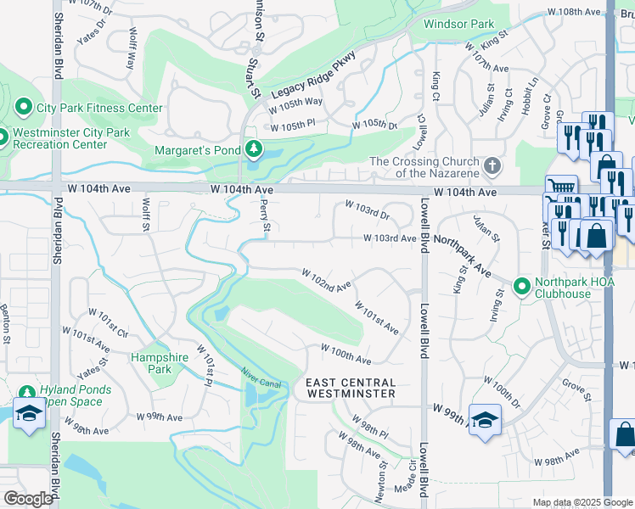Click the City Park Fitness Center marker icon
(23, 108)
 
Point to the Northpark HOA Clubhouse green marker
(522, 285)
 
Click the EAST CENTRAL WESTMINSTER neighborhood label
(351, 389)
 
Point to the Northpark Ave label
(463, 255)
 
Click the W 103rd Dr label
(367, 205)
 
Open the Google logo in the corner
(28, 499)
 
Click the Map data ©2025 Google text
(582, 502)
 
